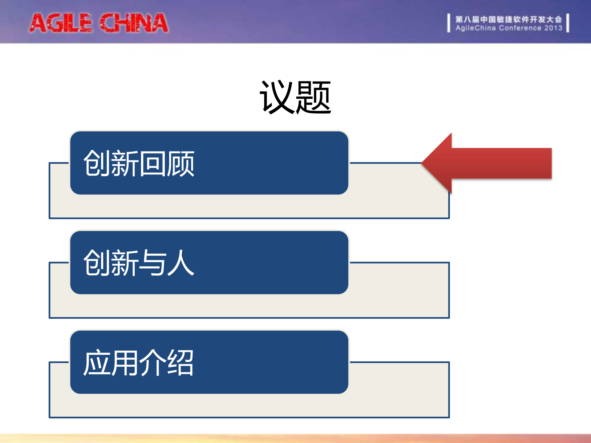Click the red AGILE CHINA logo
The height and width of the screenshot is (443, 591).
pos(99,23)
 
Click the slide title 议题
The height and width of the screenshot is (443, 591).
pos(295,97)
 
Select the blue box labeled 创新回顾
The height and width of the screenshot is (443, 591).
pos(209,163)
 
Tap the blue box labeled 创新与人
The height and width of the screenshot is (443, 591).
pos(209,262)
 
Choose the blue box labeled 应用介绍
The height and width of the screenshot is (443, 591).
pos(209,362)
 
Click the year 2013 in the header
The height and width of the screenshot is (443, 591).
pos(553,28)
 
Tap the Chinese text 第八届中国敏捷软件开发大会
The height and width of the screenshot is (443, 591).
pos(508,19)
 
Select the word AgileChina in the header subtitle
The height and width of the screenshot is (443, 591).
pos(476,28)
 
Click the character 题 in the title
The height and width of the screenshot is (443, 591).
pos(313,97)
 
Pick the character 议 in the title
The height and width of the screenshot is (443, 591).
pos(277,97)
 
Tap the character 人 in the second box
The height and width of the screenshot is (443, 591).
pos(181,263)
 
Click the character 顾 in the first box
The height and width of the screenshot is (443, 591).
pos(180,163)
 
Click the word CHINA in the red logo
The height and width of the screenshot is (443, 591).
pos(134,23)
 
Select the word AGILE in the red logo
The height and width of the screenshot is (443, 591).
pos(61,23)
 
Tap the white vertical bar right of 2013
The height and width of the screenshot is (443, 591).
pos(568,23)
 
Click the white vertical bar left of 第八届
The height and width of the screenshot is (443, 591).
pos(449,23)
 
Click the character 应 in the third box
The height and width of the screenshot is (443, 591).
pos(97,363)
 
